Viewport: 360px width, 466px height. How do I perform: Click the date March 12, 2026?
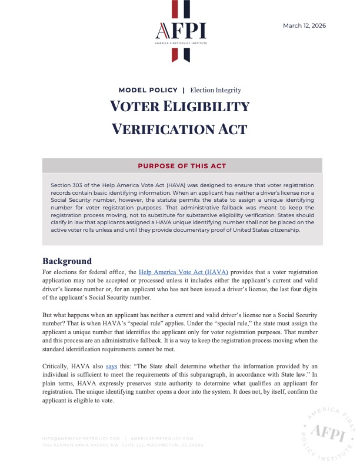(304, 25)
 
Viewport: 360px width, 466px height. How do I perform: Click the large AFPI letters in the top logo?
(180, 31)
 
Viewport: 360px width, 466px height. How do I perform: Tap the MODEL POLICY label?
(148, 90)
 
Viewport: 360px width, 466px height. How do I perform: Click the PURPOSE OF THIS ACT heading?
(182, 166)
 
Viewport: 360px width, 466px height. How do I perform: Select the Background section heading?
(67, 261)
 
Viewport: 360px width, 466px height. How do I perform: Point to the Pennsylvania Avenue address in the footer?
(123, 445)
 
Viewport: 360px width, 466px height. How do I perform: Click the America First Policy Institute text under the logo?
(180, 43)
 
